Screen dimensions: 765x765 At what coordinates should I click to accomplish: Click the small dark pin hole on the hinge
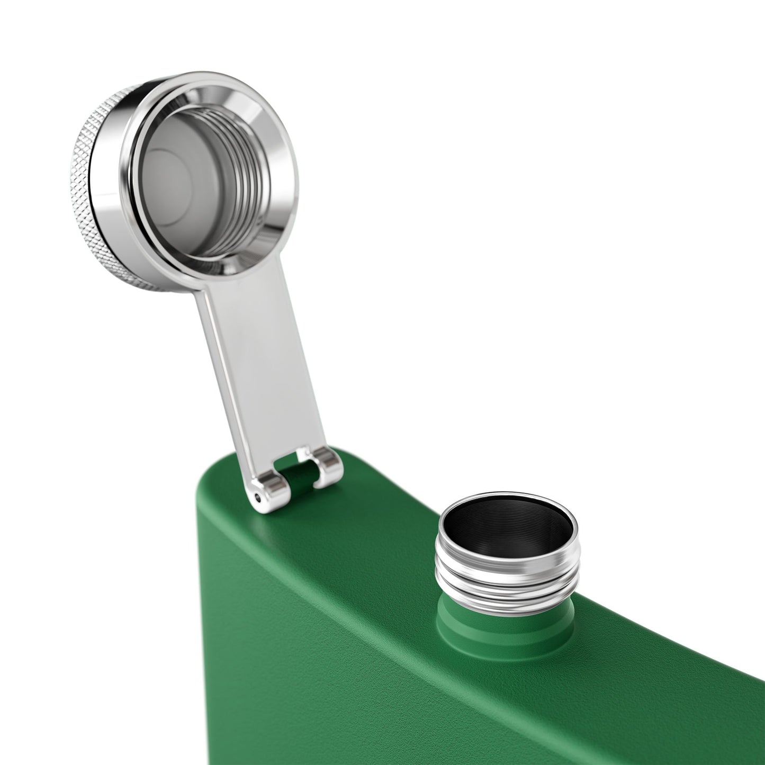[257, 497]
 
